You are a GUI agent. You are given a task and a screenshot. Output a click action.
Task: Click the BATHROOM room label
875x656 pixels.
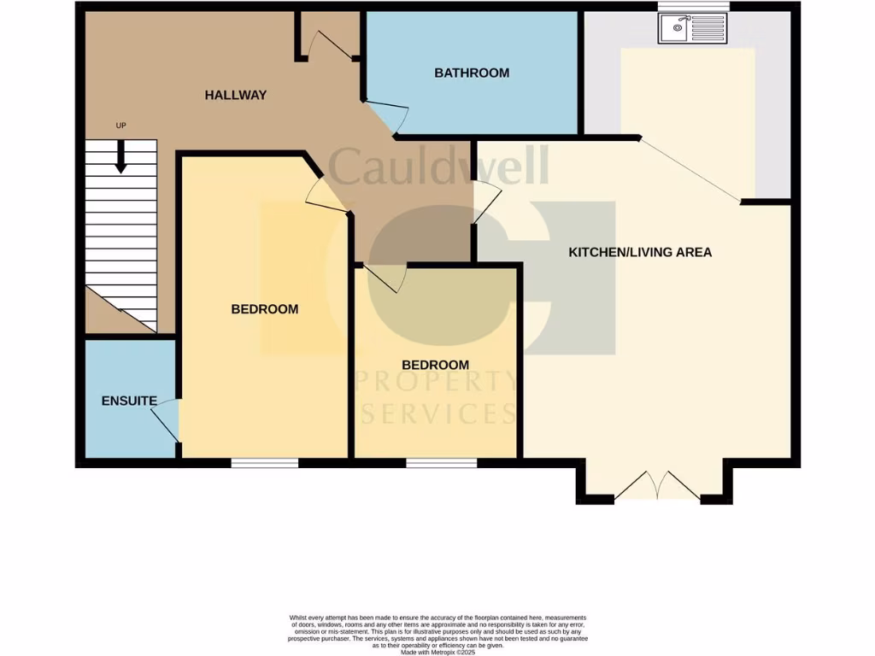(x=472, y=73)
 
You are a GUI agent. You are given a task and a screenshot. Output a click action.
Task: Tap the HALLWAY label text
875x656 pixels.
(x=236, y=96)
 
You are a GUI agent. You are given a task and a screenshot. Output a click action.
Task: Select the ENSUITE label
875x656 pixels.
(x=129, y=401)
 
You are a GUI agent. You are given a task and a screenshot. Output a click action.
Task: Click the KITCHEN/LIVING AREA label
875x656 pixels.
(x=641, y=252)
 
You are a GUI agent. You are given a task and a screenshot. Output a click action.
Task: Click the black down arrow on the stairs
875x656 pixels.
(x=120, y=156)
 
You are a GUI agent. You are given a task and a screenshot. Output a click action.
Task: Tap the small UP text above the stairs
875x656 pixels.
(x=120, y=126)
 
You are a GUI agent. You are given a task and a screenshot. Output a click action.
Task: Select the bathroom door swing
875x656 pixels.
(x=387, y=118)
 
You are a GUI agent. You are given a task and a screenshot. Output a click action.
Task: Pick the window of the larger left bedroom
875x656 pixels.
(x=265, y=463)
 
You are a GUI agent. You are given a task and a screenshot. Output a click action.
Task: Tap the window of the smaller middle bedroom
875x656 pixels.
(x=441, y=463)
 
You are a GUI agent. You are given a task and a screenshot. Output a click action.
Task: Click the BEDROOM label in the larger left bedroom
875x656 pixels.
(x=265, y=309)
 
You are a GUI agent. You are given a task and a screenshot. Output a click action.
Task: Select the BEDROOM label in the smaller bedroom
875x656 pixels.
(x=437, y=365)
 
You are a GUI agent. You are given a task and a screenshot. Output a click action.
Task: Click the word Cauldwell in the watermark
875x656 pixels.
(x=437, y=167)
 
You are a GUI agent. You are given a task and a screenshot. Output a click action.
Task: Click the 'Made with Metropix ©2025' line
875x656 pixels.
(x=437, y=653)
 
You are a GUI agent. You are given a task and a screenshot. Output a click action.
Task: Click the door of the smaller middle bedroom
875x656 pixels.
(x=385, y=278)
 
